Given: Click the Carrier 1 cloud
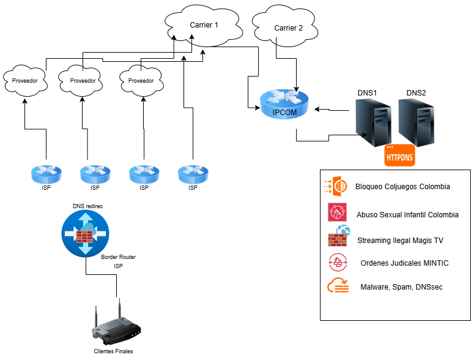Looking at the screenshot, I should coord(204,26).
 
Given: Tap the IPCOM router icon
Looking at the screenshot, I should coord(284,103).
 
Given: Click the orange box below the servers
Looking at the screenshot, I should coord(399,156).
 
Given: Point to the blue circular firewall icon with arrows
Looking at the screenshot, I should coord(86,234).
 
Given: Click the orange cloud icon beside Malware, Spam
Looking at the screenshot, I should coord(338,287).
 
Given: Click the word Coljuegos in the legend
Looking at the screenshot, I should coord(400,187).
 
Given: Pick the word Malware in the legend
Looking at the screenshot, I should coord(374,287).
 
